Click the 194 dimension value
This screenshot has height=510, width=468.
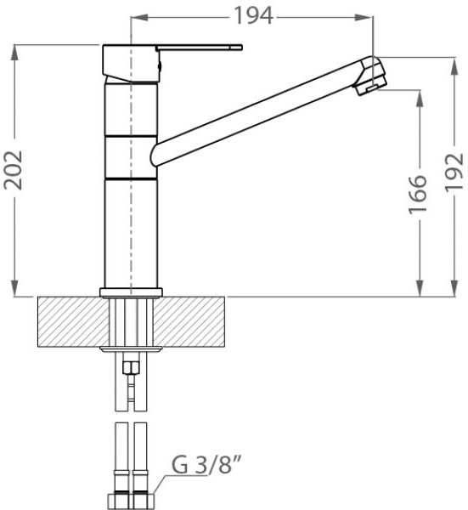253,15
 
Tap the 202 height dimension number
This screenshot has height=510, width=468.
13,170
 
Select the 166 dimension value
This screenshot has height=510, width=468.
417,195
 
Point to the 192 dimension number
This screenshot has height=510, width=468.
454,172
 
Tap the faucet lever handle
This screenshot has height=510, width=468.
199,48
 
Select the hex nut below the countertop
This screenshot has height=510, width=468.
131,367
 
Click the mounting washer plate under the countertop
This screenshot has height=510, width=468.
131,349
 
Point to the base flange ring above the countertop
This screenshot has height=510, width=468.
131,292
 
